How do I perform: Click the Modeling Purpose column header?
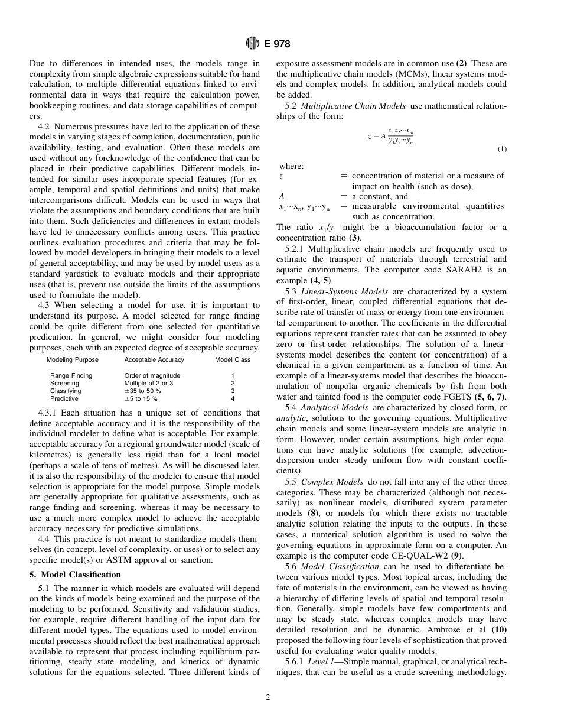point(73,359)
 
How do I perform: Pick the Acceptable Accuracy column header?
point(154,359)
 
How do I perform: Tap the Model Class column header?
point(233,359)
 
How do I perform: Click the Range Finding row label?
point(71,375)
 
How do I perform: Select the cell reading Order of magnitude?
point(152,375)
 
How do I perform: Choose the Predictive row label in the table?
point(64,398)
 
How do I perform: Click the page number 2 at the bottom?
point(268,697)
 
